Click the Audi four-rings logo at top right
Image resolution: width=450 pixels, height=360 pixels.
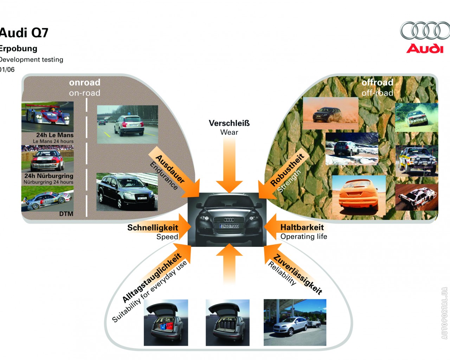click(425, 31)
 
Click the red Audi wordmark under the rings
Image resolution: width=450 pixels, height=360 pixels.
click(425, 49)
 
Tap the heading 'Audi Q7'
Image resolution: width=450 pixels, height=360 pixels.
click(24, 33)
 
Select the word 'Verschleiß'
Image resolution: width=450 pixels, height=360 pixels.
click(229, 123)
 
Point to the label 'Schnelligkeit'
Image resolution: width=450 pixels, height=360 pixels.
click(153, 227)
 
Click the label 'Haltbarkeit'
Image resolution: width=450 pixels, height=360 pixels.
click(302, 227)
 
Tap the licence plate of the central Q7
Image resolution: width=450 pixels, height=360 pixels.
click(229, 226)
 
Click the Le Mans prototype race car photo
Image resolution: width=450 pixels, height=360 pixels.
click(47, 116)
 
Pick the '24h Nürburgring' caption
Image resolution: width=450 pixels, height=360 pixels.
click(49, 176)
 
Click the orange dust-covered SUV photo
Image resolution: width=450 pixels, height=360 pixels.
click(359, 195)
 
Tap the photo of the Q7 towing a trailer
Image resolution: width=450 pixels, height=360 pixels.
click(295, 322)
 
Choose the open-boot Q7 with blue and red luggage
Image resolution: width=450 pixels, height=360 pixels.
click(166, 322)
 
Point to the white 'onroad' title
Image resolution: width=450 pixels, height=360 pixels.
click(85, 82)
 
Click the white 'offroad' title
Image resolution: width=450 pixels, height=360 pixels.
click(377, 82)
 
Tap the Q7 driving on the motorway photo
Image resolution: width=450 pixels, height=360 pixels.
click(127, 124)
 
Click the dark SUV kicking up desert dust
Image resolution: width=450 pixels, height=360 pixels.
click(330, 113)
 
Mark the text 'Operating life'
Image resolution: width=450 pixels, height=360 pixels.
click(304, 237)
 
